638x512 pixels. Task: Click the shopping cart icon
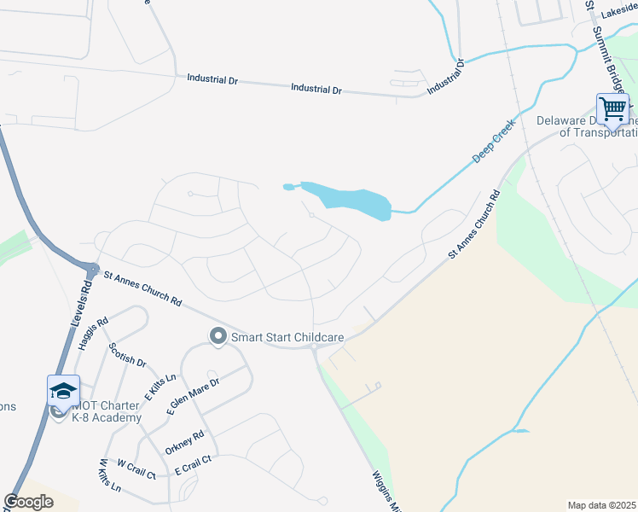pos(612,109)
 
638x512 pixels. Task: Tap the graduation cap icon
pos(63,391)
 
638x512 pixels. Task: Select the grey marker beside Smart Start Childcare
pos(217,337)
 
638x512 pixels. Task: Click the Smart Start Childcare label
pos(287,338)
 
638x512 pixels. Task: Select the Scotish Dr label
pos(128,355)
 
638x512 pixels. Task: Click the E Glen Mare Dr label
pos(193,396)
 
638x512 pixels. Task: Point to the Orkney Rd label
pos(185,441)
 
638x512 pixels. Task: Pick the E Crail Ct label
pos(192,465)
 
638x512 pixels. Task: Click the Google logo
pos(28,502)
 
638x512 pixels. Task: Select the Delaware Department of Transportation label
pos(588,126)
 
